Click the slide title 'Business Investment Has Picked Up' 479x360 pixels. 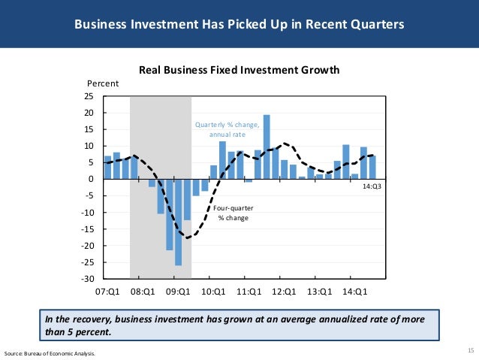239,24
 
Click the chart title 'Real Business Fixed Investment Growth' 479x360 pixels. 239,70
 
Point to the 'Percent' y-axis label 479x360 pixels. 104,83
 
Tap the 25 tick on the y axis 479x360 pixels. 89,97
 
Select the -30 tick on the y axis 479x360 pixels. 86,279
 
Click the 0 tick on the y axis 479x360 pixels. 91,180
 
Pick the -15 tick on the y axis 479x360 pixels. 86,229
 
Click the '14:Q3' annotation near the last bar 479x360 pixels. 371,186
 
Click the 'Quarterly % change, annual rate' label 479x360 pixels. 227,129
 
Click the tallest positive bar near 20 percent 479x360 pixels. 267,147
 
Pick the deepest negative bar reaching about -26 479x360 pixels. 178,222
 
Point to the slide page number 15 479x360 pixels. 470,350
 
